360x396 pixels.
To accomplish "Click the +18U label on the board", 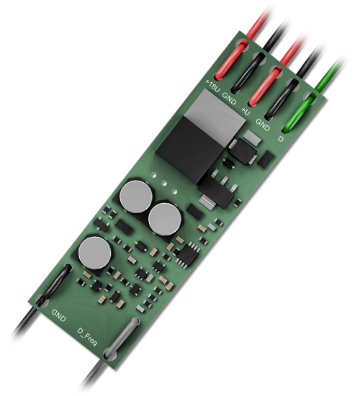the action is (212, 86).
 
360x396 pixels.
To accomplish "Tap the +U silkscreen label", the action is (246, 111).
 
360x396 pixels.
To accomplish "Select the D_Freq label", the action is (87, 338).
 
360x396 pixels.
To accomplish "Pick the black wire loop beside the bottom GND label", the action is (53, 285).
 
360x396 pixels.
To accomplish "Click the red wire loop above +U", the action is (265, 86).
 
